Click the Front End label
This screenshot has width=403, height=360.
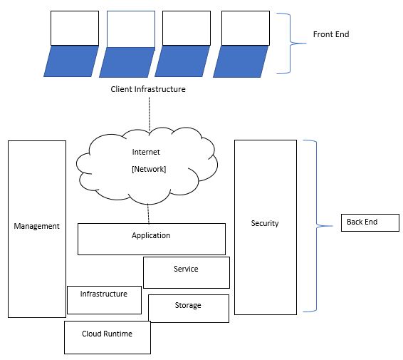pos(331,34)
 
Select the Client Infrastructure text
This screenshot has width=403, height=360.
pos(148,89)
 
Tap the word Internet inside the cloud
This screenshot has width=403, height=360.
pos(147,152)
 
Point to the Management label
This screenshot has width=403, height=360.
pos(36,226)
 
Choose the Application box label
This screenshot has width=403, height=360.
pos(151,235)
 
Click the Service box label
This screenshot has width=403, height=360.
pos(186,269)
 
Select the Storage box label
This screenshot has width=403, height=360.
pos(188,305)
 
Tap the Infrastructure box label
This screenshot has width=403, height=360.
pos(104,294)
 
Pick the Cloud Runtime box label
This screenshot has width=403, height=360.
pos(107,333)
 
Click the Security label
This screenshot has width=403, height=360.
pos(265,223)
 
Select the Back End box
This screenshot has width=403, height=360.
pos(370,222)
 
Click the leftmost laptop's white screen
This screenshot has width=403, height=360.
pos(75,28)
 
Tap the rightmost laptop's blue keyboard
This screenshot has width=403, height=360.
pos(241,62)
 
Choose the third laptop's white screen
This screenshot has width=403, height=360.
pos(186,28)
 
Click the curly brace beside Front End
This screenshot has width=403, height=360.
pos(288,43)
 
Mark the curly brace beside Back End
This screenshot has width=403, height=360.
pos(313,226)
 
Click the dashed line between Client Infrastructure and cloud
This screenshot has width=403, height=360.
pos(150,113)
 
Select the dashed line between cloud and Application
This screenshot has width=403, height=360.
pos(148,213)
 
